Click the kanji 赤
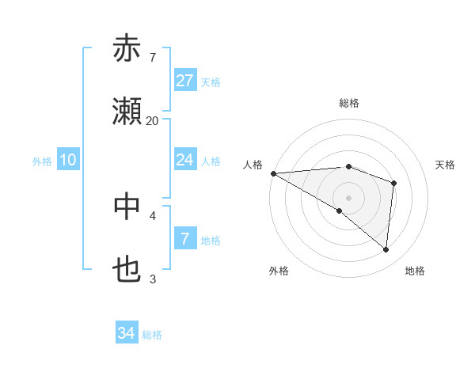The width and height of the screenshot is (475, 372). [127, 49]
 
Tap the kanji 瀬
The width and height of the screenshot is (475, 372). [127, 113]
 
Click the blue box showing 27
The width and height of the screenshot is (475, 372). [185, 81]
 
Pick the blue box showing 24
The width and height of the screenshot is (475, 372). [185, 160]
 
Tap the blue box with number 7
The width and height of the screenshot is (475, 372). [185, 238]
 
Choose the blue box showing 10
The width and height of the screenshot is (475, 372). [68, 160]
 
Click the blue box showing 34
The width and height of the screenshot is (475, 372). [127, 333]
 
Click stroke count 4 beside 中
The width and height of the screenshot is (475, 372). [153, 214]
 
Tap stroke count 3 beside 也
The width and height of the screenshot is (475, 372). [153, 279]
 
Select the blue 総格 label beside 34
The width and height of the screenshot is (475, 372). [152, 335]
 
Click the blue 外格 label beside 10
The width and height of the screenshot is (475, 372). [42, 161]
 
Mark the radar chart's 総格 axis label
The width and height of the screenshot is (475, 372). [348, 103]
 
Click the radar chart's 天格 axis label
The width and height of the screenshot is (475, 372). [445, 165]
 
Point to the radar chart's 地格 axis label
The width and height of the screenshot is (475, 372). [415, 271]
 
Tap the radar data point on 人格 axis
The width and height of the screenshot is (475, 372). [273, 173]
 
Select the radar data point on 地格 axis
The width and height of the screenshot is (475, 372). [386, 249]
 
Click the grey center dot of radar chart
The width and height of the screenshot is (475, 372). [348, 197]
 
